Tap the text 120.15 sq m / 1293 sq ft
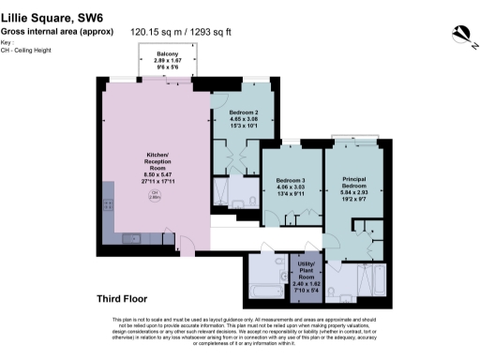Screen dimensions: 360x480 172,32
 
